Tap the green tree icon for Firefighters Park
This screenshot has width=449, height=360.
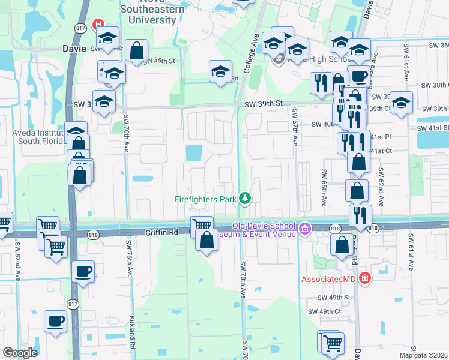point(244,197)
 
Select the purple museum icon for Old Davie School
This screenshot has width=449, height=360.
point(304,229)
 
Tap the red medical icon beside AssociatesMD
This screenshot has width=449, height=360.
point(364,278)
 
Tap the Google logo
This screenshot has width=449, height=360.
point(20,353)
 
